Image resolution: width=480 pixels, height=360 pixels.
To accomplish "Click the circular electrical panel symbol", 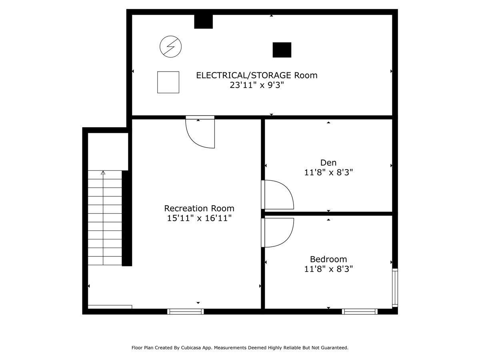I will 170,47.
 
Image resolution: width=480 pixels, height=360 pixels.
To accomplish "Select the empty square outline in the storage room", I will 168,82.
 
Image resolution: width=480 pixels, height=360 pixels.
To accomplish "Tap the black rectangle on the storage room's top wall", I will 203,22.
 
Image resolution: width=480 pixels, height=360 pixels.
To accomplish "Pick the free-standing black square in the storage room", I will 282,50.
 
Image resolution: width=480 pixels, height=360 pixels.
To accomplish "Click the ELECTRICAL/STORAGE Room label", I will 256,75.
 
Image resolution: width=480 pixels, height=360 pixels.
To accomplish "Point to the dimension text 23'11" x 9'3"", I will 256,85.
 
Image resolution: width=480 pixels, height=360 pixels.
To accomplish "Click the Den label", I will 328,162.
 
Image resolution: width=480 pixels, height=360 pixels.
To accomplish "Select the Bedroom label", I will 328,259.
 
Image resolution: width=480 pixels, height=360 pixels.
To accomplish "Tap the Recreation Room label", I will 199,208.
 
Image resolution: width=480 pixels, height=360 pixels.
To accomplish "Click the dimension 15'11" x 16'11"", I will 199,218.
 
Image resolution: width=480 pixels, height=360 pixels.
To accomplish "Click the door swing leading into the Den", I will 278,195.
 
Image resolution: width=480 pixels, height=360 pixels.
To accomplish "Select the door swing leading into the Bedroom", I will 278,232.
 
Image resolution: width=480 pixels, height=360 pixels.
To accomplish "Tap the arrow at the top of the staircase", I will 103,173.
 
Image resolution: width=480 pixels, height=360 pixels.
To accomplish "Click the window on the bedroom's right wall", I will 395,288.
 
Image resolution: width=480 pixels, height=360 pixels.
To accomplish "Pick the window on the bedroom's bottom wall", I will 360,311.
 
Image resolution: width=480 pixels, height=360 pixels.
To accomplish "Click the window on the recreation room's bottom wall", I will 186,311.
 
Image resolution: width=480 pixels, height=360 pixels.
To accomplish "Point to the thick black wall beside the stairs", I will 127,218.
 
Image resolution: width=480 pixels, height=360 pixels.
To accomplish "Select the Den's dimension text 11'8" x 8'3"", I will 328,172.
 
